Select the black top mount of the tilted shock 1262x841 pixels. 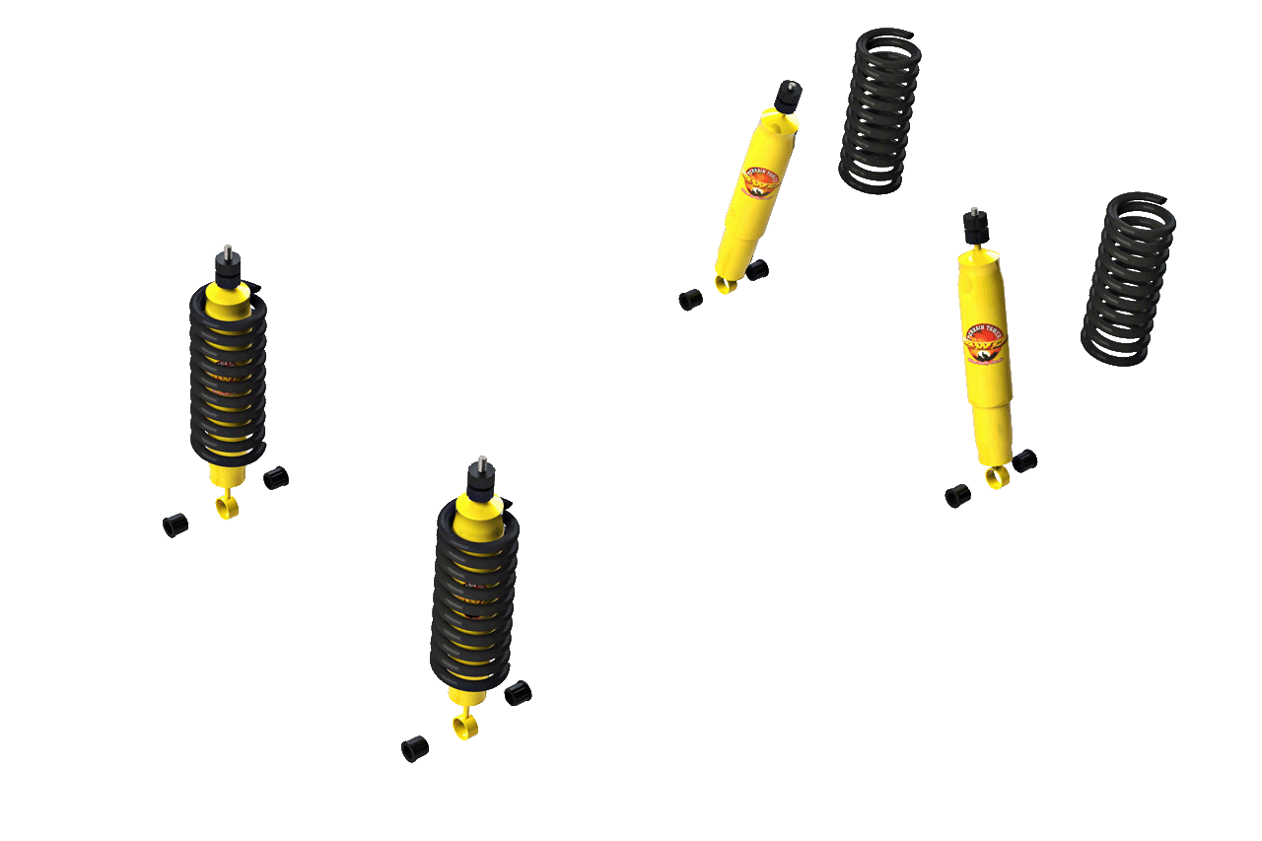pos(787,97)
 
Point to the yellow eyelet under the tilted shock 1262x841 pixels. pos(727,285)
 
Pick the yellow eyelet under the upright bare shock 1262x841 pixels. pos(997,478)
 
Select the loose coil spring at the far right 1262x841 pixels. pos(1129,276)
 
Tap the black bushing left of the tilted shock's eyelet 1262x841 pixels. pos(690,299)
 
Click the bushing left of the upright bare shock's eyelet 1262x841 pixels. pos(957,496)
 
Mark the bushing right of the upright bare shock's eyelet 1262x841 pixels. pos(1024,460)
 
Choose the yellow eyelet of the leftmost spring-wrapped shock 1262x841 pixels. pos(228,508)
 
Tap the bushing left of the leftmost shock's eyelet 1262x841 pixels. pos(175,525)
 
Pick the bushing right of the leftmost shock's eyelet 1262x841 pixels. pos(276,478)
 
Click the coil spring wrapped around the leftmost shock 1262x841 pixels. pos(228,375)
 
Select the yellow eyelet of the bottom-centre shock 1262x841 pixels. pos(464,728)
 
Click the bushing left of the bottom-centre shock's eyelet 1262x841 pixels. pos(415,749)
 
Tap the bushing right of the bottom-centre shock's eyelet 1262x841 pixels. pos(518,693)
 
